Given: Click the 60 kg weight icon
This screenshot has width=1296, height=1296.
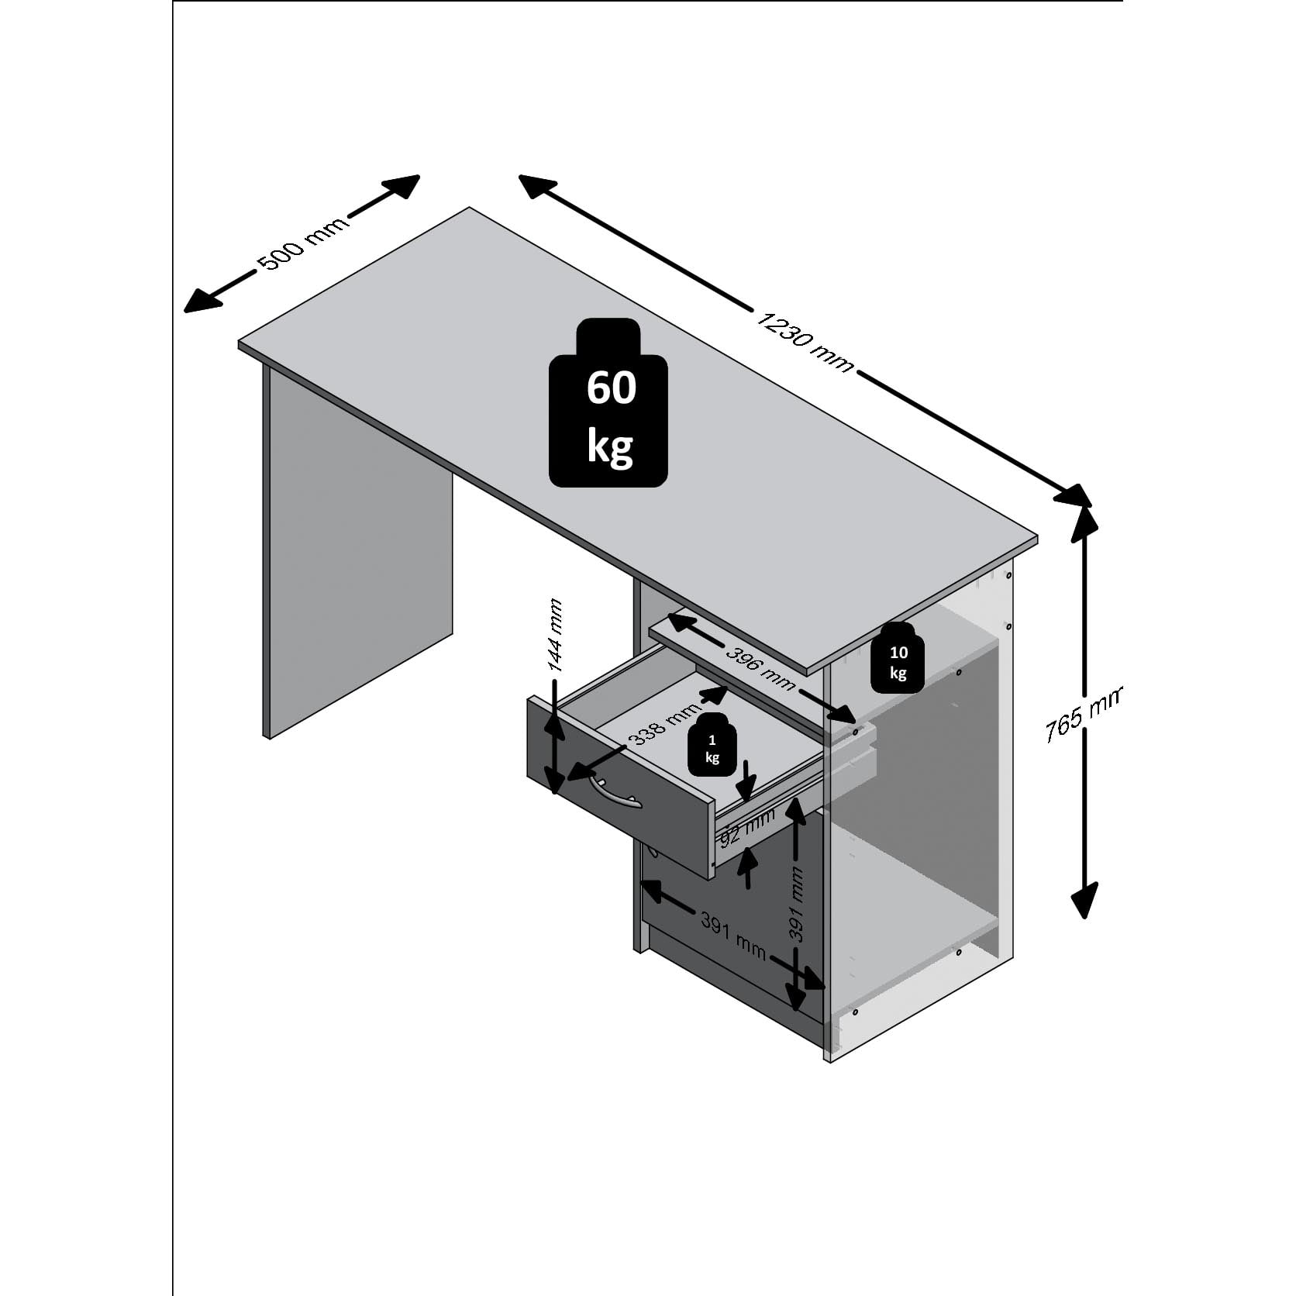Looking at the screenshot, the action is point(608,403).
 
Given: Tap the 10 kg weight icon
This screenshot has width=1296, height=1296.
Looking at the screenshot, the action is point(898,657).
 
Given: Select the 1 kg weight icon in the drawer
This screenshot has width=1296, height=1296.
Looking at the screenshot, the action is point(712,745).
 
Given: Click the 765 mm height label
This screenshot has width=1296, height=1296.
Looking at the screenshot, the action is point(1081,714).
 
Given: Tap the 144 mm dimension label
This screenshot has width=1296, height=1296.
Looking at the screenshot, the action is point(554,636).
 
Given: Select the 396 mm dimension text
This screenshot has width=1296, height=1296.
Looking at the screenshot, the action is point(760,667).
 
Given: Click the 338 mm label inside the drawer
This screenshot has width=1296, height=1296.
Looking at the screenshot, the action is point(664,723).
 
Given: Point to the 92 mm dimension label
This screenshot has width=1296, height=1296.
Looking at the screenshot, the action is point(747,826).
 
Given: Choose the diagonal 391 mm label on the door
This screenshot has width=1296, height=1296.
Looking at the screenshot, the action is point(732,936).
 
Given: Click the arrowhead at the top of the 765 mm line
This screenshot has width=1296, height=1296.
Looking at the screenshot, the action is point(1084,524).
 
